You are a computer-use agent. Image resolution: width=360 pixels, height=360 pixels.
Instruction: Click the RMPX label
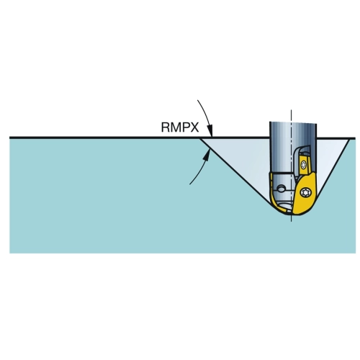coord(180,127)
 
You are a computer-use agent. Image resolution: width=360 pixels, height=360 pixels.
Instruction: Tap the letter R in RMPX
coord(166,127)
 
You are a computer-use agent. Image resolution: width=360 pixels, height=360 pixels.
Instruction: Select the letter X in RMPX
coord(194,127)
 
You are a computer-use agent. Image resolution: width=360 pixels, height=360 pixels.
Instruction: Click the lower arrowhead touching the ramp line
coord(207,154)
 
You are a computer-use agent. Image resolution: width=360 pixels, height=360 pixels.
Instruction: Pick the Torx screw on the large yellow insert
coord(306,192)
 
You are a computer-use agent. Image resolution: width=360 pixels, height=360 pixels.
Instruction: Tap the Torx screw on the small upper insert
coord(304,165)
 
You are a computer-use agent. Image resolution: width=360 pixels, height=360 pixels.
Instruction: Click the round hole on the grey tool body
coord(281,189)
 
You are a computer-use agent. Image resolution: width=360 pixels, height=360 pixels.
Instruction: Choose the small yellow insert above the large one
coord(305,165)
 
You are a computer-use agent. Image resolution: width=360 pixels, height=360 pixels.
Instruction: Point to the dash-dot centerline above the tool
coord(292,116)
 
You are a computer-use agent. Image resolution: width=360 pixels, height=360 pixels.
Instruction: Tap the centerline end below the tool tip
coord(292,221)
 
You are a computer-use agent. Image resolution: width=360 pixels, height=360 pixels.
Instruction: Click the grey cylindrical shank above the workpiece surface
coord(293,130)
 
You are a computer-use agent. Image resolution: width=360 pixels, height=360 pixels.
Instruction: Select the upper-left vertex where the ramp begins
coord(200,138)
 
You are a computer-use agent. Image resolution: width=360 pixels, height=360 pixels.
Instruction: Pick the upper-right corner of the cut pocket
coord(350,138)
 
